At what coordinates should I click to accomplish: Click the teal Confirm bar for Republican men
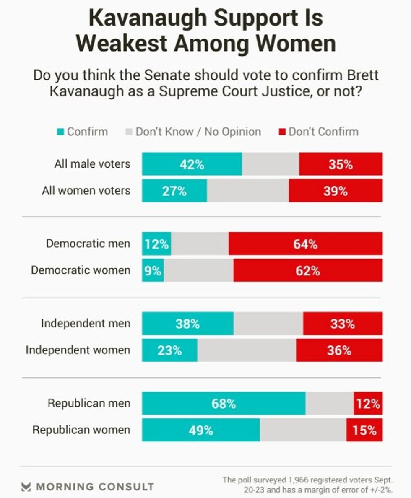pyautogui.click(x=224, y=403)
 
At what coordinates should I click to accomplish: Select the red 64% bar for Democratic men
pyautogui.click(x=305, y=244)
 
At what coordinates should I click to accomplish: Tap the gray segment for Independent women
pyautogui.click(x=247, y=350)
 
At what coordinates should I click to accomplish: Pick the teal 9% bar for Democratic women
pyautogui.click(x=153, y=270)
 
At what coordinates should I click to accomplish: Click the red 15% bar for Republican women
pyautogui.click(x=364, y=430)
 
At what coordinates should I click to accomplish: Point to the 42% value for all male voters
pyautogui.click(x=192, y=164)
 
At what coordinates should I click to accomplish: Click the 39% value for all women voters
pyautogui.click(x=335, y=191)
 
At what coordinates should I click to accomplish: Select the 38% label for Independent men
pyautogui.click(x=187, y=324)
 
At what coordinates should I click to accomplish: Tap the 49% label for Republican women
pyautogui.click(x=200, y=430)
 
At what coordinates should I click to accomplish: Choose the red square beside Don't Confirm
pyautogui.click(x=282, y=132)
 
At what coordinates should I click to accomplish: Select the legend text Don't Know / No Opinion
pyautogui.click(x=198, y=132)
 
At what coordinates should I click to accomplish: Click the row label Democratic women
pyautogui.click(x=81, y=270)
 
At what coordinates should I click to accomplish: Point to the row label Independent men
pyautogui.click(x=86, y=324)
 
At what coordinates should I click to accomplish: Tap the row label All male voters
pyautogui.click(x=92, y=164)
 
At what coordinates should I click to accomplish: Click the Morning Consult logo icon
pyautogui.click(x=26, y=487)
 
